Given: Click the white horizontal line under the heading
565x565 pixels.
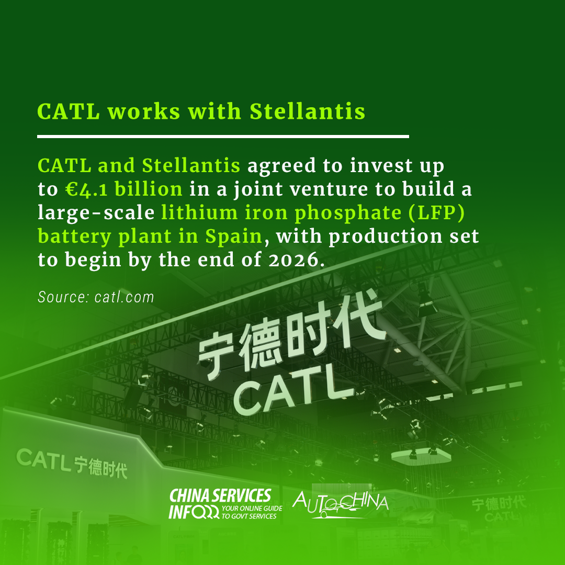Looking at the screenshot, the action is (x=223, y=137).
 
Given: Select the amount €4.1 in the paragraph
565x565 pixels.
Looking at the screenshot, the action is (x=86, y=189).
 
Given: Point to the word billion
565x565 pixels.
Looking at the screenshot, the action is (x=149, y=189).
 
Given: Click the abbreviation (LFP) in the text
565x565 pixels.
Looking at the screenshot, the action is (x=437, y=212).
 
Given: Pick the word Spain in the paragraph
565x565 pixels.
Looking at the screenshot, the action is (x=233, y=237).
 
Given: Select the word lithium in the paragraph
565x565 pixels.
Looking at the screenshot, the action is (x=199, y=212).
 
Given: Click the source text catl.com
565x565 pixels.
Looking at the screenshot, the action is (x=125, y=297).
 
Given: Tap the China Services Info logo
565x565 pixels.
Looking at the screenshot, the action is (x=225, y=504).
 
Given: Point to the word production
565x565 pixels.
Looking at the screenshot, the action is (x=385, y=238).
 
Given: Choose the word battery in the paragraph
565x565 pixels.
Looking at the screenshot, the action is (x=74, y=238).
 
